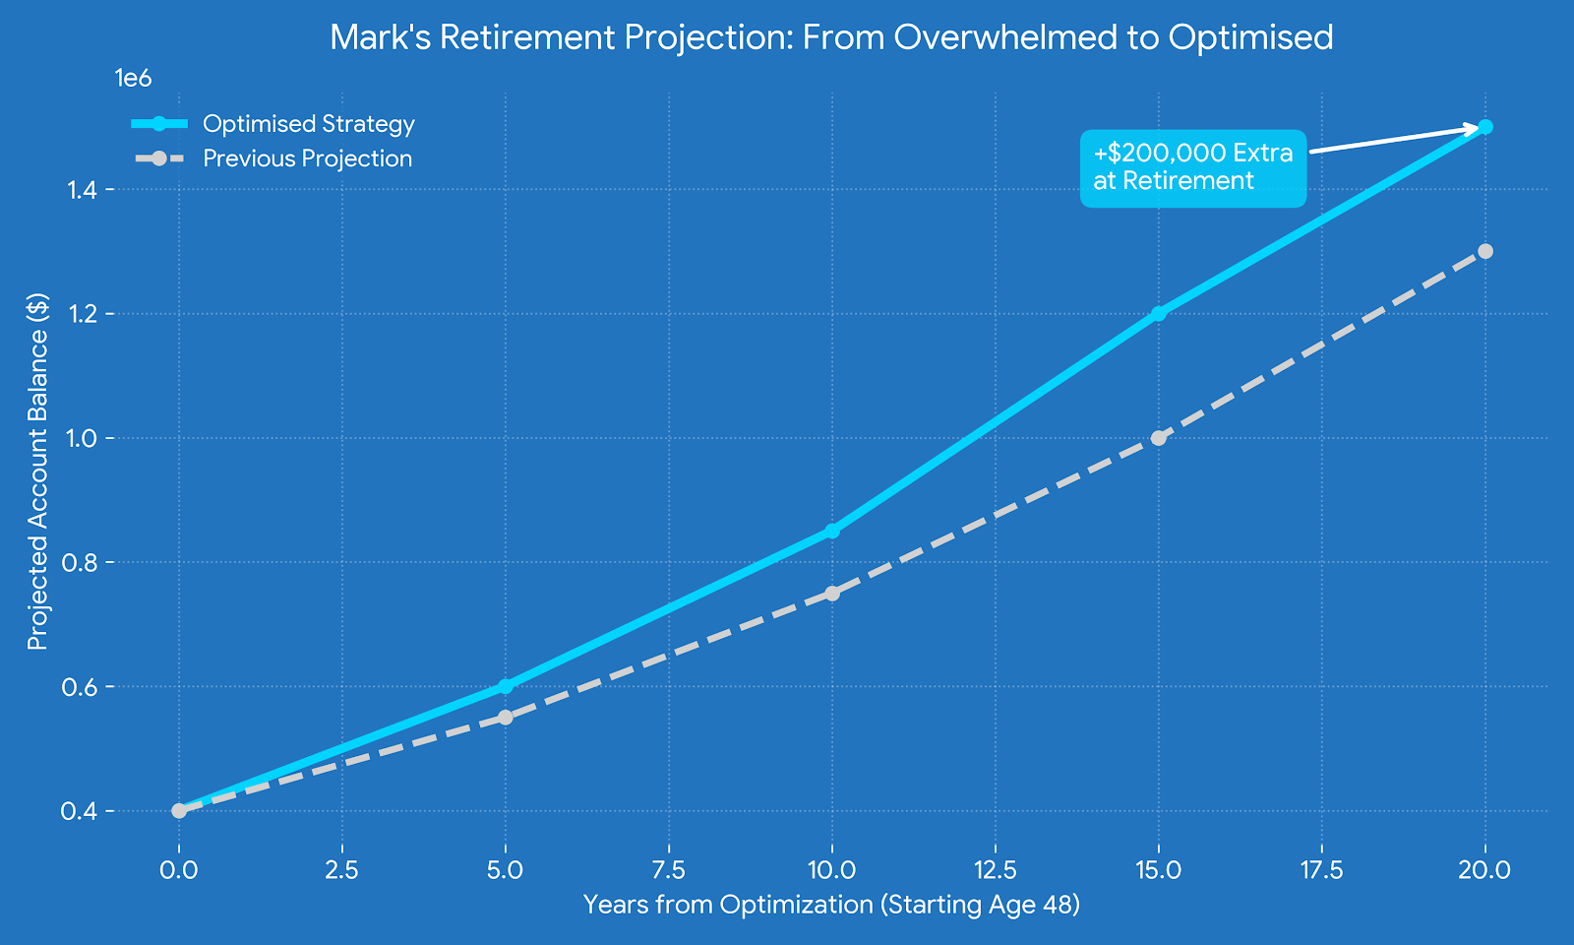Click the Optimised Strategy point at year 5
[x=505, y=686]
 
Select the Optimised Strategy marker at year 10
[x=832, y=531]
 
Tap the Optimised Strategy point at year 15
[x=1159, y=313]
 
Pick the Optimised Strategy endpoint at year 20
[x=1485, y=127]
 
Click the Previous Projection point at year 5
[x=505, y=717]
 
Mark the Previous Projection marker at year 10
[x=832, y=593]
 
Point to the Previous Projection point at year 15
[x=1159, y=437]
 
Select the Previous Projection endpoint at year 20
[x=1485, y=251]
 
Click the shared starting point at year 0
[x=179, y=810]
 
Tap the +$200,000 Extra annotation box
[x=1192, y=167]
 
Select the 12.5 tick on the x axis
[x=996, y=870]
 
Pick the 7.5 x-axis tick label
[x=669, y=870]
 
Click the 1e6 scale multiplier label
[x=133, y=79]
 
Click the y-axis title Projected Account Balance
[x=37, y=472]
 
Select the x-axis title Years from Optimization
[x=831, y=905]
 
